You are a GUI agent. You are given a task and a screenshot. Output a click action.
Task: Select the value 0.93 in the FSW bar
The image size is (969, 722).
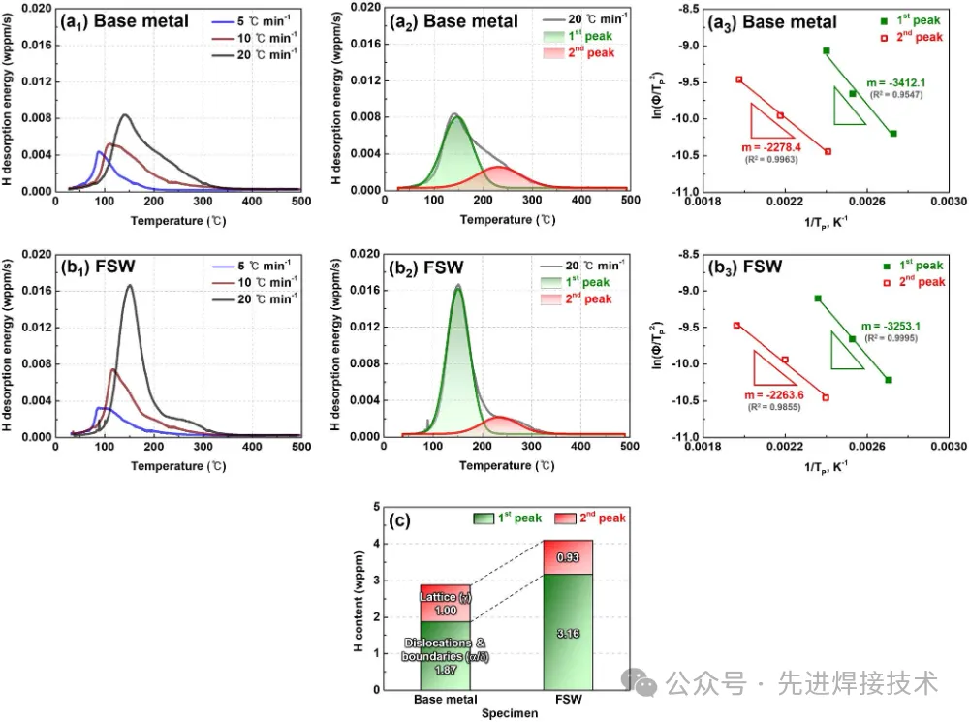tap(566, 557)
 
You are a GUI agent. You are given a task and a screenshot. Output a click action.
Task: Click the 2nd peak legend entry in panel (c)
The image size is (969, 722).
tap(595, 518)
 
